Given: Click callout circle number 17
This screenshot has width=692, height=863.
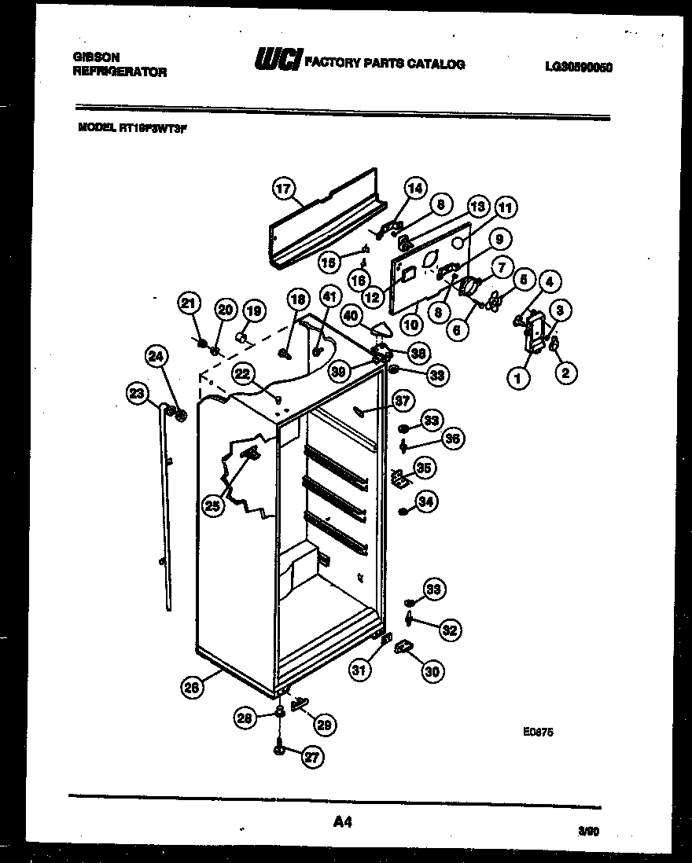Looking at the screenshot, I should coord(283,189).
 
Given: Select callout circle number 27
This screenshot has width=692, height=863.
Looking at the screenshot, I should coord(312,758).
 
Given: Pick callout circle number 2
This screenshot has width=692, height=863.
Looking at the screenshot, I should coord(565,373).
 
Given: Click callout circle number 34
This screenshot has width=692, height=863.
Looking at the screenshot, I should coord(427,501).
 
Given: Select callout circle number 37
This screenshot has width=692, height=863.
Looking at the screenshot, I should coord(403,402).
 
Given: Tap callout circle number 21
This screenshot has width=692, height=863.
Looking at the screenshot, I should coord(187,303).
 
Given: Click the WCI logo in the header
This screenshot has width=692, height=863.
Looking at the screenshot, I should coord(277,61).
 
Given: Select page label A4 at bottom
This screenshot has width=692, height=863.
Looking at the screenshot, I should coord(341,822).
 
